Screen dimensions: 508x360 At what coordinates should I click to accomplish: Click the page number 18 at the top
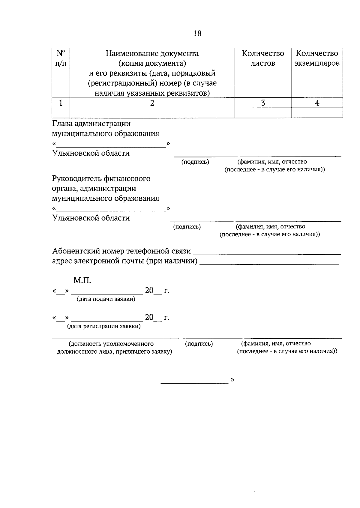(197, 33)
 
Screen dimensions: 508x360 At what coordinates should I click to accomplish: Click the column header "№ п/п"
(61, 58)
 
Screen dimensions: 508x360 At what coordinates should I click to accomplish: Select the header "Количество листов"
(263, 58)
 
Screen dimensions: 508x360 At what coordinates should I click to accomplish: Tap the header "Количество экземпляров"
(317, 58)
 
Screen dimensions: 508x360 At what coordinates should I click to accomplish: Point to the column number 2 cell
(152, 103)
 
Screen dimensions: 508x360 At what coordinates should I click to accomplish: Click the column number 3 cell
(263, 103)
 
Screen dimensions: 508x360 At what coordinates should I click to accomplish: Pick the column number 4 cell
(317, 103)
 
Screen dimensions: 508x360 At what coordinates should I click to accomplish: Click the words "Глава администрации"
(91, 124)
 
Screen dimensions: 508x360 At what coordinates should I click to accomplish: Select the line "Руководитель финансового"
(101, 179)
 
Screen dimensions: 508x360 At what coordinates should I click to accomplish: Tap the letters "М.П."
(82, 281)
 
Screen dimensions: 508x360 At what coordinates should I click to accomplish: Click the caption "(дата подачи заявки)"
(106, 299)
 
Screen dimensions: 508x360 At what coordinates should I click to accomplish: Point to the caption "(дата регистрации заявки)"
(104, 326)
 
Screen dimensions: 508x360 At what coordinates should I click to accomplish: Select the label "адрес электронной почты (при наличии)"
(125, 261)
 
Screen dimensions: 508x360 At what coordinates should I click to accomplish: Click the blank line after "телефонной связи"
(267, 253)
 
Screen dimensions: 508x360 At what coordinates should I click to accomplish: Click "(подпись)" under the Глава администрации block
(195, 162)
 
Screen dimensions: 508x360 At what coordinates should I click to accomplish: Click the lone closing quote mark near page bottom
(232, 380)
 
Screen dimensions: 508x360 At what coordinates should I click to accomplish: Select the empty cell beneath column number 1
(61, 113)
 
